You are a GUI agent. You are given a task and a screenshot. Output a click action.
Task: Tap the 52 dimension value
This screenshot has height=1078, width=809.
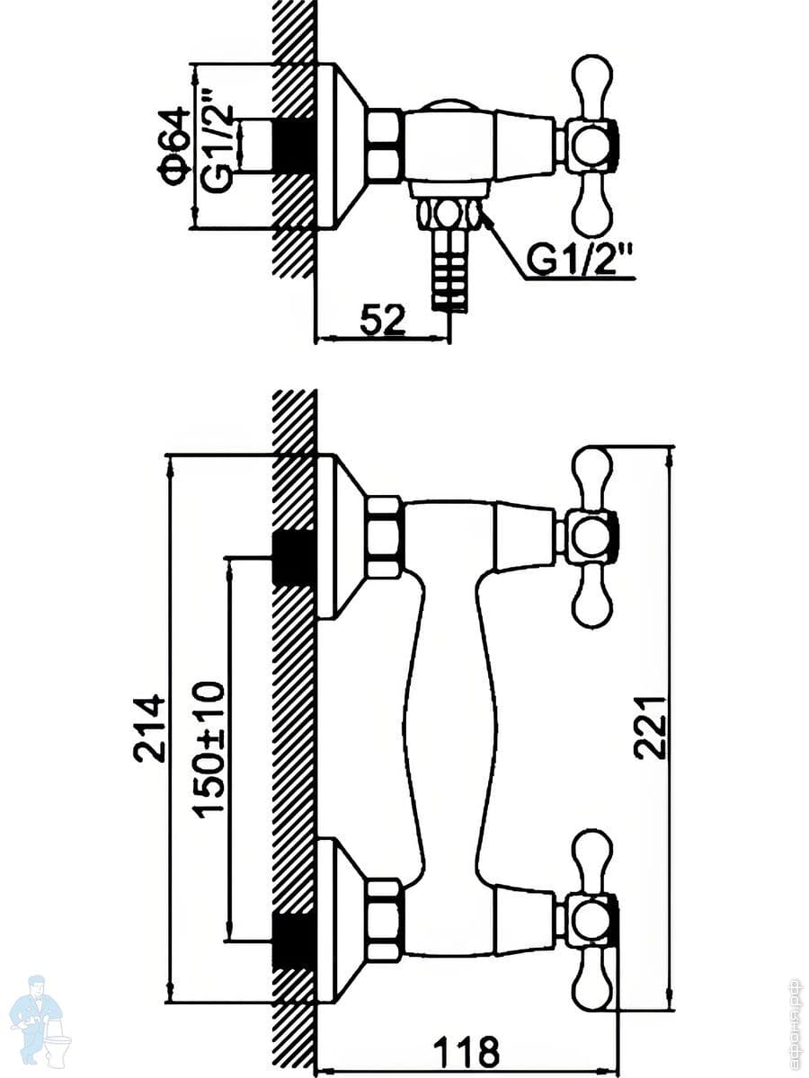pos(382,321)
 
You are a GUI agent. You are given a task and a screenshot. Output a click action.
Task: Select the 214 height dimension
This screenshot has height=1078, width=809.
pos(149,727)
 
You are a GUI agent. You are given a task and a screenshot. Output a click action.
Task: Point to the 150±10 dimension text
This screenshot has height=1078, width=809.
pos(212,749)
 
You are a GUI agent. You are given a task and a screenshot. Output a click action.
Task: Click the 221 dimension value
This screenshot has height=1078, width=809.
pos(650,727)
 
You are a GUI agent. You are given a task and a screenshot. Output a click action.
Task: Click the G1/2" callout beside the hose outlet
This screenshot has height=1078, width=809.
pos(581,260)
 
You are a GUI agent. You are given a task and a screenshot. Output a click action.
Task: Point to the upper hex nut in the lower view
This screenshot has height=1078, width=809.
pos(384,537)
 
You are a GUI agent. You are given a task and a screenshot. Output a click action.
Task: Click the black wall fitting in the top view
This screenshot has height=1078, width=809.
pos(292,144)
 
